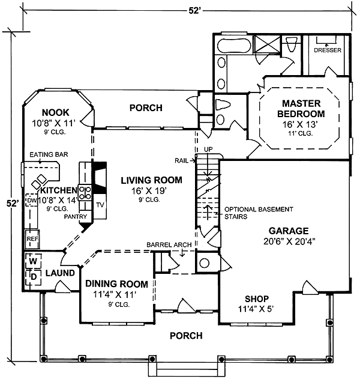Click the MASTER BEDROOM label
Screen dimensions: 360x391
click(301, 109)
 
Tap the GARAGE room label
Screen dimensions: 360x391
click(289, 231)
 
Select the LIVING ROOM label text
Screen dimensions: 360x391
click(151, 180)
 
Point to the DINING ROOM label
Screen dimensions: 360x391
click(116, 283)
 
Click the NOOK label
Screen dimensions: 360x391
click(56, 112)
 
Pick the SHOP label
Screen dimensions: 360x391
click(257, 299)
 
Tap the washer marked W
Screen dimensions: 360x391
click(33, 261)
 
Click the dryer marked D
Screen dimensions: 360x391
click(33, 277)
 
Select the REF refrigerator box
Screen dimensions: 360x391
click(32, 239)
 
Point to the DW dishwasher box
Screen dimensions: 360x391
click(31, 200)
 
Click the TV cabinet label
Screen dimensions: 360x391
click(100, 205)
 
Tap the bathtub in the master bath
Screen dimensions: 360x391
click(233, 46)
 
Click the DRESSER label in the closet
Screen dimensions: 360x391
click(328, 50)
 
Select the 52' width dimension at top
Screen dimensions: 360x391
click(194, 11)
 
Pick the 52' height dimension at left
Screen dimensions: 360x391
click(13, 203)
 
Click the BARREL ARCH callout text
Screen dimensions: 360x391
click(169, 245)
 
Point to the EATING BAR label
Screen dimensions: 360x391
click(49, 154)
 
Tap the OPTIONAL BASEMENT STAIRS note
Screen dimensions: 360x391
click(259, 213)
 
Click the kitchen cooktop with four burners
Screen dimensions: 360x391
click(85, 193)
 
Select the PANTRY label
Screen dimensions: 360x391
click(76, 216)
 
